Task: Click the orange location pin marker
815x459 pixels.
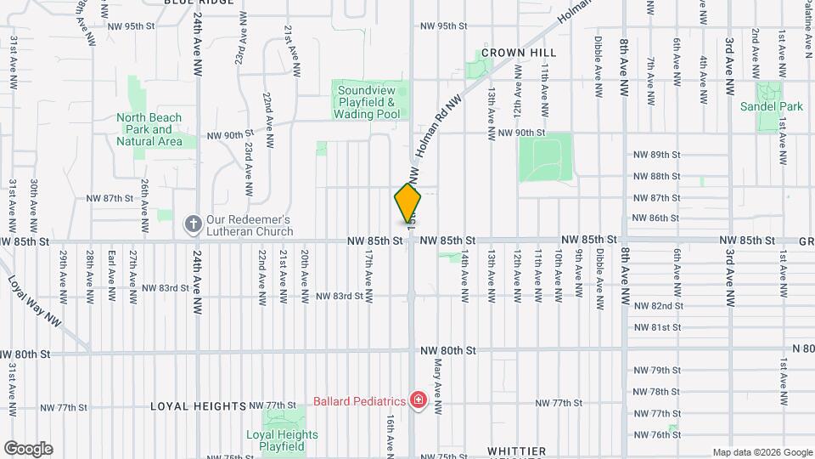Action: [x=407, y=204]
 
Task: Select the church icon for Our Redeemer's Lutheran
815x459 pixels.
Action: [x=193, y=224]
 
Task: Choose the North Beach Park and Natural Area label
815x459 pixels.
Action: [x=149, y=129]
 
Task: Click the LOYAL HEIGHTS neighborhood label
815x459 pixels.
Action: [x=198, y=406]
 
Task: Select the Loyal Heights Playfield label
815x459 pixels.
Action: [x=282, y=440]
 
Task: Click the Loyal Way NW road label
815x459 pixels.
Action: [x=35, y=301]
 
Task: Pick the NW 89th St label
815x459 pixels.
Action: [x=657, y=154]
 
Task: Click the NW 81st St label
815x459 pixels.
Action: [x=657, y=327]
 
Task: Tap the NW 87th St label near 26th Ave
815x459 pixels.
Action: [x=110, y=198]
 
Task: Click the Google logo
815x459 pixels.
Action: [x=28, y=449]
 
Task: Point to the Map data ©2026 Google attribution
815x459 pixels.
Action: [x=762, y=452]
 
